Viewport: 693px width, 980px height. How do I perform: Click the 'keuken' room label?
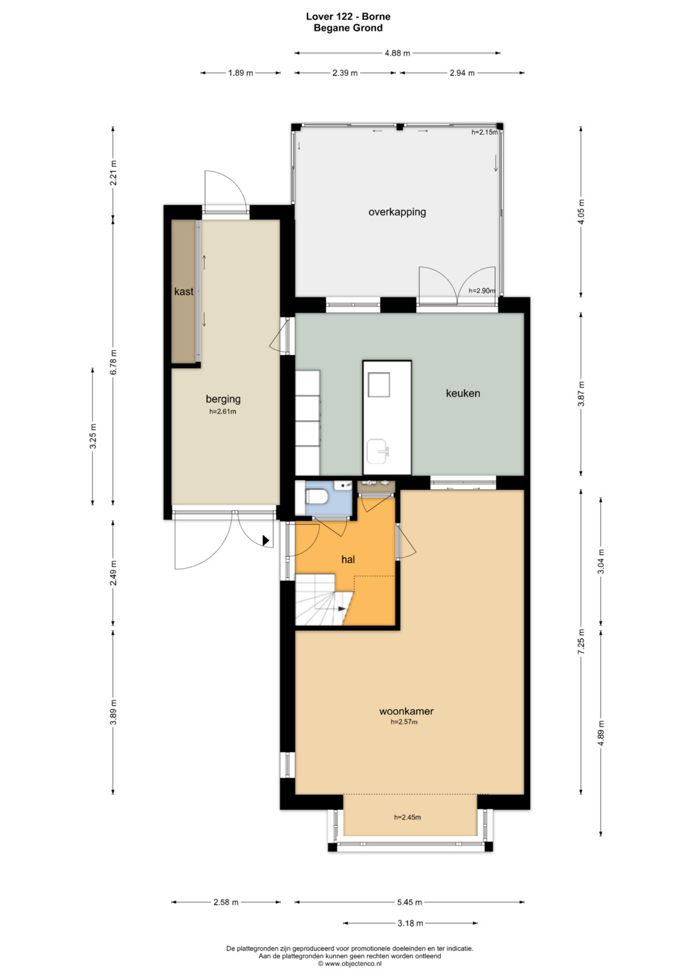point(463,393)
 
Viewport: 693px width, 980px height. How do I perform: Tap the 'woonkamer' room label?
point(406,711)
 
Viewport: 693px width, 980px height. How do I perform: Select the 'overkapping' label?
point(397,212)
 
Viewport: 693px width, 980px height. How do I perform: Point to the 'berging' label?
point(223,399)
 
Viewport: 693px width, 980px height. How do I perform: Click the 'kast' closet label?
point(184,291)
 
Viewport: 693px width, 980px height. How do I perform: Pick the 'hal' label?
point(348,559)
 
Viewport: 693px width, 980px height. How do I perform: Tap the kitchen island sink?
point(378,451)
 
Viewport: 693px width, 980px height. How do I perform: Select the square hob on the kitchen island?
point(379,384)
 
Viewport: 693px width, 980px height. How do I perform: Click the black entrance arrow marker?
point(266,540)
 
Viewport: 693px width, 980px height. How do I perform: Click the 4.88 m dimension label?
point(397,53)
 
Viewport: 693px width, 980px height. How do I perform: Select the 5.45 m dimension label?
point(409,902)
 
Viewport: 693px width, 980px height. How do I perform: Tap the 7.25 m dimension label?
point(581,641)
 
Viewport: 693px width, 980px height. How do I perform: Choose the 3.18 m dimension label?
point(411,924)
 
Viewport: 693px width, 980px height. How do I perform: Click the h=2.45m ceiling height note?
point(407,817)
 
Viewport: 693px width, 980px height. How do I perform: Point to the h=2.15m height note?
point(484,132)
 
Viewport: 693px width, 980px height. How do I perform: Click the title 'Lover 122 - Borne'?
point(348,17)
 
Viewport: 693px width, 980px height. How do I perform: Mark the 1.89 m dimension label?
point(241,73)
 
